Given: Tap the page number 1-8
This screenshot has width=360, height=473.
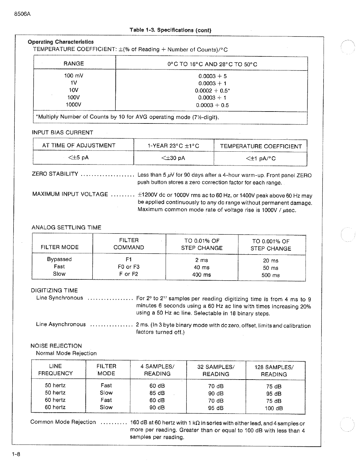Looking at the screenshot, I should (x=16, y=454).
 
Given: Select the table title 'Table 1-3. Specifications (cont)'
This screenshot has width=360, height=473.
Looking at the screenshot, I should (x=170, y=30).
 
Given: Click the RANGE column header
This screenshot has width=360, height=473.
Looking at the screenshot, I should (x=74, y=63).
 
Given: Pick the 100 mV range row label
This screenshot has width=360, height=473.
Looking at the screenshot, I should (x=73, y=76).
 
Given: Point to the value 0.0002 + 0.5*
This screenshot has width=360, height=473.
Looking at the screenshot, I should (x=212, y=91).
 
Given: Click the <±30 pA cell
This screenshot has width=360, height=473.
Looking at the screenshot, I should (x=173, y=158).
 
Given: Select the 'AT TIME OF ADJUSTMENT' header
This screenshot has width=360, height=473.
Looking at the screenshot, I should (x=79, y=146).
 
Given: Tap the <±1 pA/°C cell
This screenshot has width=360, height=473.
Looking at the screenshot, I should (x=261, y=158).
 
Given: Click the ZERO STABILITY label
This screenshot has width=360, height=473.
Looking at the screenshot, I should (x=55, y=174).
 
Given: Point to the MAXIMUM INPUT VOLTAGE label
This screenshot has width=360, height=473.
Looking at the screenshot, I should (x=70, y=194).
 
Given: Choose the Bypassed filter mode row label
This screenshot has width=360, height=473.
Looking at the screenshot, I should (x=59, y=259).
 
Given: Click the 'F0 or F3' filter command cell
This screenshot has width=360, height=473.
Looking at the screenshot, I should (x=129, y=267).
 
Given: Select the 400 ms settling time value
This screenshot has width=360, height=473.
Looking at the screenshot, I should (x=201, y=275).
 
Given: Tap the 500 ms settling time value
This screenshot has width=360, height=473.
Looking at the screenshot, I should (x=270, y=275).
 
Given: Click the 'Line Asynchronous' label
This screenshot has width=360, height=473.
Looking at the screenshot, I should (x=61, y=324).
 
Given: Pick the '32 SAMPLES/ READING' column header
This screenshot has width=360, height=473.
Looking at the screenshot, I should (x=216, y=370).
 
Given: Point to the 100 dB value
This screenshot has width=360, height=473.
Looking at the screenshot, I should (x=274, y=408).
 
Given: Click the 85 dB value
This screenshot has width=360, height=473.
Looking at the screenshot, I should (x=157, y=393).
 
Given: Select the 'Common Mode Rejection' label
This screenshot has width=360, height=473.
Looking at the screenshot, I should (x=63, y=422).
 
